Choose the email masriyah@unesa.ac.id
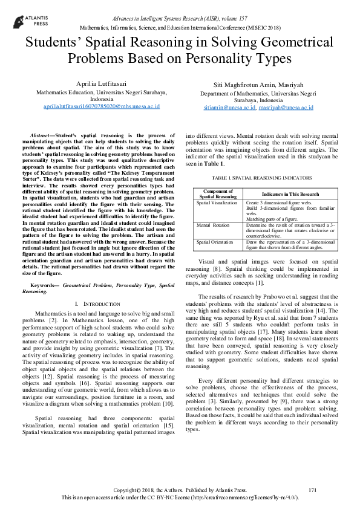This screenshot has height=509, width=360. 286,108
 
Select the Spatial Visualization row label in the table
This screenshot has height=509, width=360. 217,203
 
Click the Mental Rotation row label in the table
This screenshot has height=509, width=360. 212,224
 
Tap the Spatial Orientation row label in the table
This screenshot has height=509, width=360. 215,241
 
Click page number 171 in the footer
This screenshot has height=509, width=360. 313,489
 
